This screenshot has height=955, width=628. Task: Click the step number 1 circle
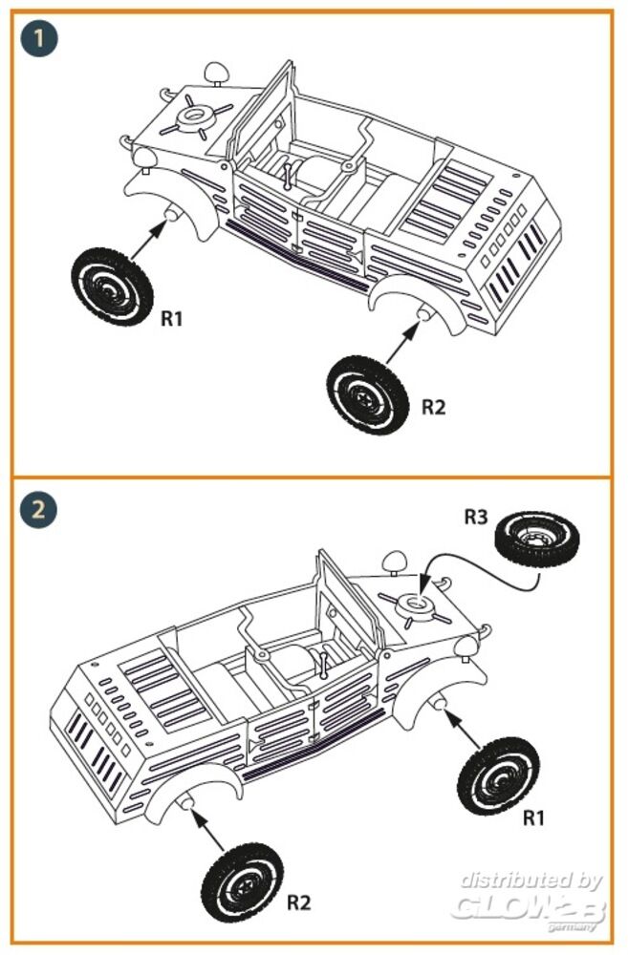click(x=38, y=39)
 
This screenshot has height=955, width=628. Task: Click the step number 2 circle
click(x=38, y=509)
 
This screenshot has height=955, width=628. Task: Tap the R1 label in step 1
click(x=171, y=318)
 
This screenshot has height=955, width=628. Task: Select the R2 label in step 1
click(x=434, y=407)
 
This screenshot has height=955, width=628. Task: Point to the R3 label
click(x=476, y=517)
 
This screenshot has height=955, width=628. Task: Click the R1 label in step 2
click(x=533, y=817)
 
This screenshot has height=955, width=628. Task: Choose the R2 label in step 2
click(x=298, y=902)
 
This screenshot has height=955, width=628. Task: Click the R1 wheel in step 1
click(x=112, y=286)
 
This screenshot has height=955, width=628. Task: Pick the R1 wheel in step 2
click(x=498, y=775)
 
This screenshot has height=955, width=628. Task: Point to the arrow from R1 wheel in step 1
click(x=148, y=239)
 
